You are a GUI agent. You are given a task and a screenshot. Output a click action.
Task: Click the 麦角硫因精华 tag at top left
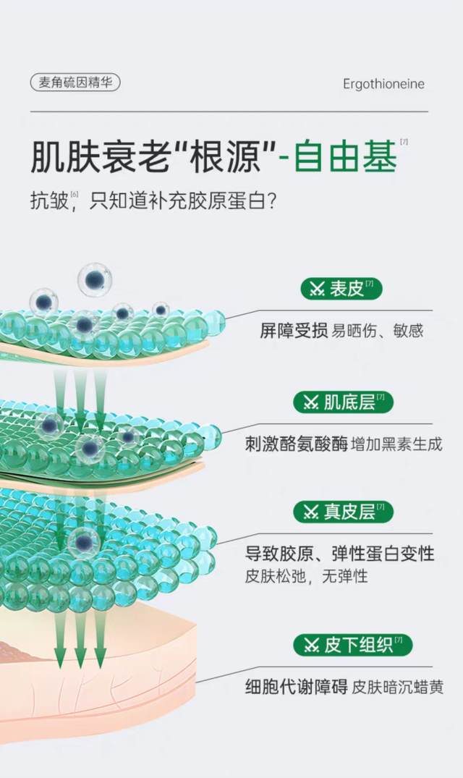pos(75,83)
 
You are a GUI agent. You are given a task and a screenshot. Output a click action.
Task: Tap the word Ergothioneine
pos(383,84)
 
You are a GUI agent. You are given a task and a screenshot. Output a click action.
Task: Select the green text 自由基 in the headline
pos(346,156)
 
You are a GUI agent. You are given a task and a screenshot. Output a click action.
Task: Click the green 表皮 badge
pos(341,289)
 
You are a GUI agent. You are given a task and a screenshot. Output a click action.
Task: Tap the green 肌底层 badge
pos(343,402)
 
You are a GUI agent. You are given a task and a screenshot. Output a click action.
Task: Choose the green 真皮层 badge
pos(343,512)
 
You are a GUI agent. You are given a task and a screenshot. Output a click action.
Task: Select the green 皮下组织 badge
pos(352,645)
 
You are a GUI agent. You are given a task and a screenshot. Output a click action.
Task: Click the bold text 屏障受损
pos(294,331)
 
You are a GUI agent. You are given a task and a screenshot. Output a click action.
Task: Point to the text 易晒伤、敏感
pos(378,331)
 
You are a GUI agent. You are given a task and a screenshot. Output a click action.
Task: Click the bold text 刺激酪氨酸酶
pos(297,444)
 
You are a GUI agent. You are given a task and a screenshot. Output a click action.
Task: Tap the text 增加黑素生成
pos(396,444)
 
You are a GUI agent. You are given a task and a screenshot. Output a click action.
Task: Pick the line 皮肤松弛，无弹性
pos(306,576)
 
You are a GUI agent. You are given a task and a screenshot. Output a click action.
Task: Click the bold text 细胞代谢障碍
pos(297,687)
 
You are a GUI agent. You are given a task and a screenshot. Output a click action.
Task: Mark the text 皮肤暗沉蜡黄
pos(398,688)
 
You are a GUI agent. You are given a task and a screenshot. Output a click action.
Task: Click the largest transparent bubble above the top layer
pos(94,280)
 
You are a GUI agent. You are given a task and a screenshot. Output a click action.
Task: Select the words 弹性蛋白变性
pos(383,553)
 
